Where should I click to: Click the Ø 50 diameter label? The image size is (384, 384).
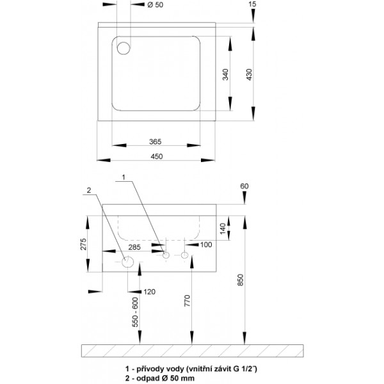[156, 4]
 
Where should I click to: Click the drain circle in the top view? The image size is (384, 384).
[124, 48]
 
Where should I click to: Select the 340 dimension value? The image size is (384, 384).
[225, 74]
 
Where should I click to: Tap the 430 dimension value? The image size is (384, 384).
[249, 74]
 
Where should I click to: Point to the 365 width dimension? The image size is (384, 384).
[156, 141]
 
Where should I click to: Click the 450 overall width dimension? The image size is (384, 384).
[157, 156]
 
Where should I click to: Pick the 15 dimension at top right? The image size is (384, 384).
[252, 4]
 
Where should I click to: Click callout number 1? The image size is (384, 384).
[124, 177]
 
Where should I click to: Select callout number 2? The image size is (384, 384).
[89, 190]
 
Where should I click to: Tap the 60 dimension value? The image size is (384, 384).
[244, 186]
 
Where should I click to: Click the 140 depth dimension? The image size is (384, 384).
[223, 228]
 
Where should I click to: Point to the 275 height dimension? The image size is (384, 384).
[83, 244]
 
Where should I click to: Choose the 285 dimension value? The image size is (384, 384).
[134, 247]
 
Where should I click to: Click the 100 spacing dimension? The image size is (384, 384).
[206, 244]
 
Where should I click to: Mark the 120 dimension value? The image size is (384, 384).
[149, 292]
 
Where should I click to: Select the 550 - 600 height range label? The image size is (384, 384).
[135, 312]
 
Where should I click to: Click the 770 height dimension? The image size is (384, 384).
[187, 301]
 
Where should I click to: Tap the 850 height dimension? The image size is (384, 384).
[241, 280]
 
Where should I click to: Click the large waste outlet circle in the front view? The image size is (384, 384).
[127, 262]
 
